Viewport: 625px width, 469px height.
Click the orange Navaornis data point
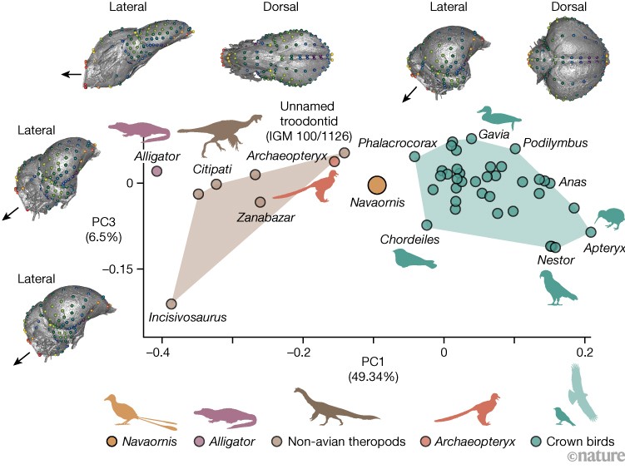click(377, 185)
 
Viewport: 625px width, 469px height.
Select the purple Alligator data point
click(157, 171)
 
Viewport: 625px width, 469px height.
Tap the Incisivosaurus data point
click(171, 304)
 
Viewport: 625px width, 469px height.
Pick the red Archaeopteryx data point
click(335, 161)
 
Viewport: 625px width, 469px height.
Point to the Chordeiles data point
click(426, 225)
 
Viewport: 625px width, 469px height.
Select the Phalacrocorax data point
click(414, 156)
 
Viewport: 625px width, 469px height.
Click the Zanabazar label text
click(265, 217)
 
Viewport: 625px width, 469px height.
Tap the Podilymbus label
click(555, 143)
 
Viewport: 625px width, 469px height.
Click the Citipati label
click(212, 169)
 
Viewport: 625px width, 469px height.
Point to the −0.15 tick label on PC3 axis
click(117, 269)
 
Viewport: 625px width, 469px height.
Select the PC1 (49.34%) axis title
click(373, 369)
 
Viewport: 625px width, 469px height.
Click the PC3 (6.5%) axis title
click(103, 229)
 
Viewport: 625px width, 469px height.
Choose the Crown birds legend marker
click(537, 442)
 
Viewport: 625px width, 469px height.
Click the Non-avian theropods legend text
click(347, 442)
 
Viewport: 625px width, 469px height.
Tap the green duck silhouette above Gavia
click(499, 117)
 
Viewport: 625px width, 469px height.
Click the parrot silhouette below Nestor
click(556, 289)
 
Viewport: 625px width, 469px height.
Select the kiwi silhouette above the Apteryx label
click(608, 219)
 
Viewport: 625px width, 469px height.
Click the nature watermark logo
click(597, 456)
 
